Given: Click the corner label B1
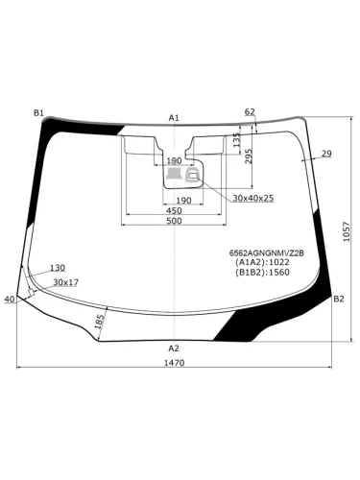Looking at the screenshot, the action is click(38, 112).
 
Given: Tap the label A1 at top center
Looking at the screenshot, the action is click(174, 118).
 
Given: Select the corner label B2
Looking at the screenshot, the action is click(339, 299).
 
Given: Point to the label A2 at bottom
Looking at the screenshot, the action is click(174, 348).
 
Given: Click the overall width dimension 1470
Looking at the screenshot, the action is click(175, 363).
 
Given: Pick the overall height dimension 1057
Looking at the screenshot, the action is click(347, 231).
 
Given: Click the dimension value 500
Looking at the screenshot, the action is click(175, 221).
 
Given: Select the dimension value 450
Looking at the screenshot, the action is click(175, 211).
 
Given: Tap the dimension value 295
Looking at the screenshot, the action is click(249, 156).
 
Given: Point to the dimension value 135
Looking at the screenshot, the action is click(236, 140).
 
